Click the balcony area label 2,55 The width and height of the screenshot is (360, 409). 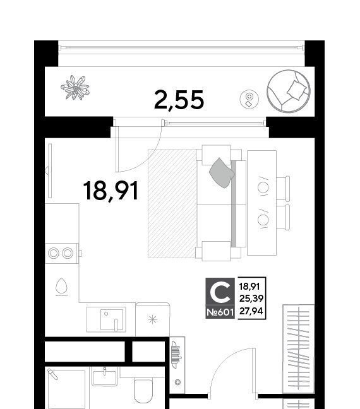click(179, 100)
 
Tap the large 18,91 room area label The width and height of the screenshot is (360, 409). click(111, 191)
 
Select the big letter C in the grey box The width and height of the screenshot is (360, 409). click(220, 292)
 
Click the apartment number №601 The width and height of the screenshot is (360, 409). click(220, 312)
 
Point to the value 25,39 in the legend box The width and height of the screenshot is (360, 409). click(251, 299)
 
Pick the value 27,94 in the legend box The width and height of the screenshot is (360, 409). click(251, 311)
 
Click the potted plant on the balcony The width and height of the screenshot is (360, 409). click(75, 88)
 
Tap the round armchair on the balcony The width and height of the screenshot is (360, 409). click(289, 91)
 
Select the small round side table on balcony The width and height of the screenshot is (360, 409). click(249, 99)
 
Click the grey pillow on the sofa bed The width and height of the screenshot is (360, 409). click(222, 173)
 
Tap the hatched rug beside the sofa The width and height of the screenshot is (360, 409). click(172, 203)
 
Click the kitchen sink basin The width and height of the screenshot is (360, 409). click(112, 320)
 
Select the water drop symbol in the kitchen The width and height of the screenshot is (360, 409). click(61, 287)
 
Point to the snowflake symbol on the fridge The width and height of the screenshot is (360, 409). click(152, 319)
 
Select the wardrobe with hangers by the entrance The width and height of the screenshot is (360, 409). click(298, 348)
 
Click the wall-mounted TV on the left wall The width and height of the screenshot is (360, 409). click(49, 170)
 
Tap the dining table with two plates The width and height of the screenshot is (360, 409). click(262, 203)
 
